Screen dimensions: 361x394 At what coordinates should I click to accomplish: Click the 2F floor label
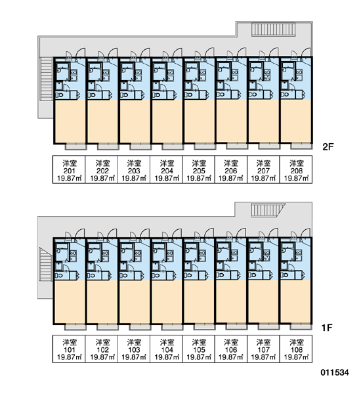[x=328, y=146]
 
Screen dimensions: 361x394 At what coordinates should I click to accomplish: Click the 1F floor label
[x=327, y=328]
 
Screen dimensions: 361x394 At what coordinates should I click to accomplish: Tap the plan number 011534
[x=335, y=372]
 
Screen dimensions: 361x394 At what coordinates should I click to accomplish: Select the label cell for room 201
[x=69, y=169]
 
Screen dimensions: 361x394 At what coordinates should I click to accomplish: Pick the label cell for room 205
[x=199, y=169]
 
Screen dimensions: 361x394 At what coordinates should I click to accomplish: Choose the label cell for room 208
[x=296, y=169]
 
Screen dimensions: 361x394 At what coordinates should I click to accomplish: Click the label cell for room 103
[x=134, y=349]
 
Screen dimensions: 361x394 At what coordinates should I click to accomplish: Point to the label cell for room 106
[x=231, y=349]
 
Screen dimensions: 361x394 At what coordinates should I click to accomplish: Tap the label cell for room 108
[x=296, y=349]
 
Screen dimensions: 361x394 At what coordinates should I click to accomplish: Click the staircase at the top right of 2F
[x=273, y=29]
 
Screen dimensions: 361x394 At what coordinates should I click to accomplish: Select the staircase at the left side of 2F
[x=46, y=79]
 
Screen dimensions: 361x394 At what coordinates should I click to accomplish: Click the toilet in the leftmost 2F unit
[x=60, y=95]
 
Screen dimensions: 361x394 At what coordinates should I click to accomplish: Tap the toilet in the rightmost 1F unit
[x=284, y=275]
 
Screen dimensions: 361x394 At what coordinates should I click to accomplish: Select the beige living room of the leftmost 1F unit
[x=70, y=301]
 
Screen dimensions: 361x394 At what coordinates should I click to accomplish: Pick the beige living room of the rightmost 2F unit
[x=295, y=121]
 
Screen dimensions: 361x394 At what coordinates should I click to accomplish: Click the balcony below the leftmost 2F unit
[x=75, y=146]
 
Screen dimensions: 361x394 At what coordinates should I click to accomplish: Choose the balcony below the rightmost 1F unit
[x=301, y=326]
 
